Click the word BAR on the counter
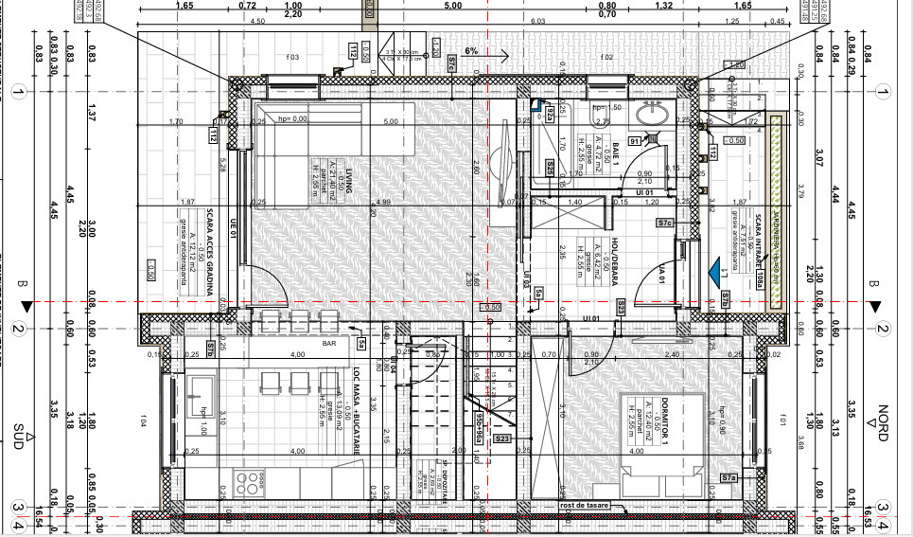coord(330,344)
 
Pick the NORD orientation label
coord(882,419)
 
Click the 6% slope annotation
coord(471,51)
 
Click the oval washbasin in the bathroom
coord(651,115)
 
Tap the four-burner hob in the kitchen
coord(250,481)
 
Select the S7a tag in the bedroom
coord(728,478)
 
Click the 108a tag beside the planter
coord(760,281)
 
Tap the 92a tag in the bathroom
coord(550,115)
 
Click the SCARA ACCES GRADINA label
coord(210,250)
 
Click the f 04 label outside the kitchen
coord(145,419)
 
